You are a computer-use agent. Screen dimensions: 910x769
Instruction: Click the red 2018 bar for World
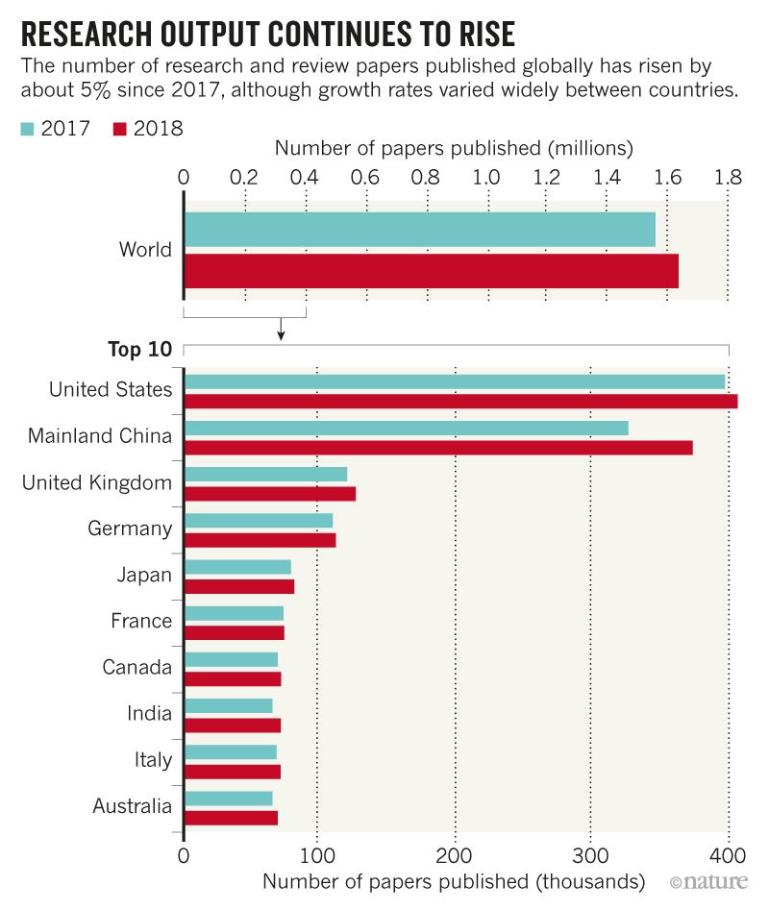(431, 271)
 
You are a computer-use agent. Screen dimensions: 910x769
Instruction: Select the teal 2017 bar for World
(419, 230)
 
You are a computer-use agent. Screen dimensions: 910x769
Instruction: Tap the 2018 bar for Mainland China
(437, 447)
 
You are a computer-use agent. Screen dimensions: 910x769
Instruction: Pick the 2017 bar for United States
(454, 381)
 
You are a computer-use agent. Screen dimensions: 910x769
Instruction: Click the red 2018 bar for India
(232, 725)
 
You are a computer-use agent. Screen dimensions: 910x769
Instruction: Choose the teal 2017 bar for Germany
(258, 520)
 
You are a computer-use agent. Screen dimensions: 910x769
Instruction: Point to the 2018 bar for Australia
(231, 818)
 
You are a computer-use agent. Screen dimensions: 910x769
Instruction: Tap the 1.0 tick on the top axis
(486, 177)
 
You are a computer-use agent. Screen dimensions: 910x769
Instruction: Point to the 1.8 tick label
(729, 177)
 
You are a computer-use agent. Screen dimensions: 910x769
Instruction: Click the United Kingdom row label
(97, 482)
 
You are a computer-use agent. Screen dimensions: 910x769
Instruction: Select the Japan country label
(143, 575)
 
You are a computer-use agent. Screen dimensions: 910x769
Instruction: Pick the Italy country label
(153, 760)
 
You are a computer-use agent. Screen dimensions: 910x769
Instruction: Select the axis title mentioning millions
(454, 149)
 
